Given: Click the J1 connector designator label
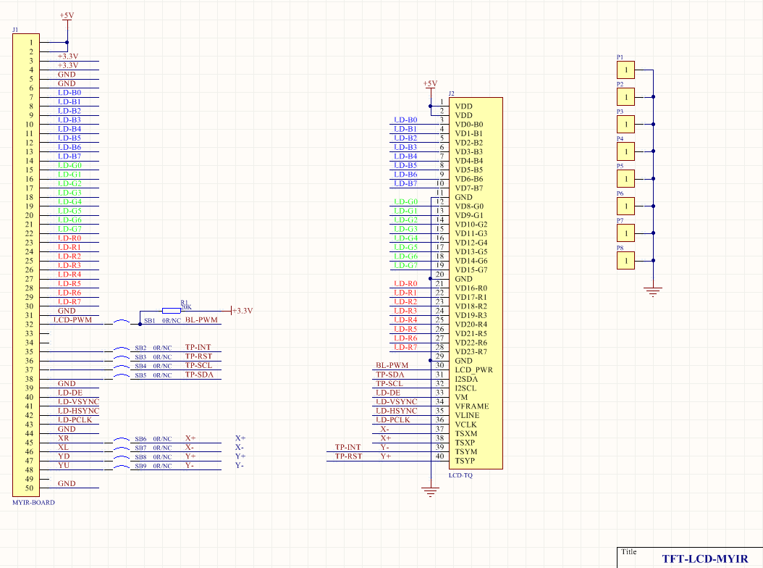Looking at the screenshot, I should point(15,30).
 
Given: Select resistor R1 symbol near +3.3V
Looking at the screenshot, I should point(172,309).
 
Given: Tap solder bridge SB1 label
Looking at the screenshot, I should point(150,320).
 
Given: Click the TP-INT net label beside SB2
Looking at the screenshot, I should point(198,348).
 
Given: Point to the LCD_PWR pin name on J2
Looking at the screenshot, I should point(473,369).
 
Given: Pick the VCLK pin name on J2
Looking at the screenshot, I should point(465,425).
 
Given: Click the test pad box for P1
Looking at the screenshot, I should point(625,70).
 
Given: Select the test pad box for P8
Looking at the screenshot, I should point(625,260).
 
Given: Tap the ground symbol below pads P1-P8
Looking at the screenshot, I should point(653,292).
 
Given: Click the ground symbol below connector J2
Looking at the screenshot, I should point(431,493).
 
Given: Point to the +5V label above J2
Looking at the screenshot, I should point(430,83).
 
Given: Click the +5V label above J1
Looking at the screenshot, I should point(66,14).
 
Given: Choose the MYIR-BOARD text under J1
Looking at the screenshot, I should point(33,502).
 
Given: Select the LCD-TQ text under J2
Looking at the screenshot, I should point(460,475).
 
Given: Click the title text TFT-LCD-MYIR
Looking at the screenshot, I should point(705,559).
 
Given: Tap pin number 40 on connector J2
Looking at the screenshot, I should point(439,456).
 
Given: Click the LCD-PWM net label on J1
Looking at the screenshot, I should point(73,320).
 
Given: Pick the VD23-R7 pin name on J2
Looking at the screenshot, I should point(471,351).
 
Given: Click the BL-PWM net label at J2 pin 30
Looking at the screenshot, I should point(392,366).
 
